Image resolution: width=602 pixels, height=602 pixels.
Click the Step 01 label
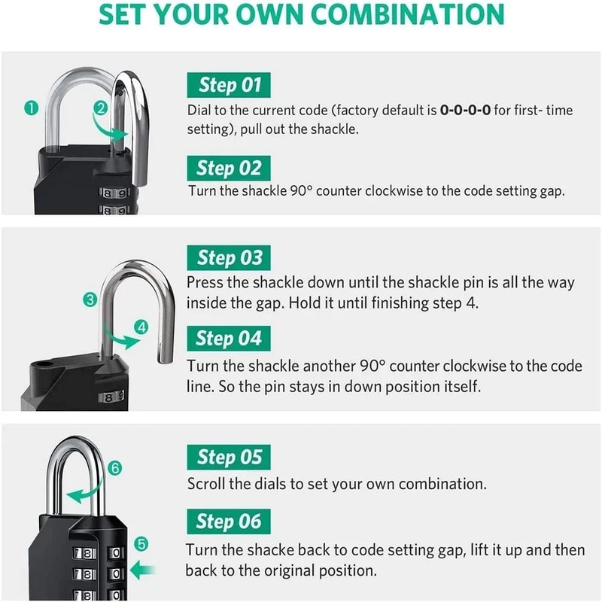229,85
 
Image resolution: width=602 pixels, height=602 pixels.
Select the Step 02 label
229,167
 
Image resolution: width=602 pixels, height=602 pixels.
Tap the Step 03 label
229,258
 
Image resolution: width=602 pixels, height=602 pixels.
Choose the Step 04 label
229,339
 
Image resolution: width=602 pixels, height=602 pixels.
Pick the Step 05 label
229,457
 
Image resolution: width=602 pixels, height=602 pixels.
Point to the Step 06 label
229,521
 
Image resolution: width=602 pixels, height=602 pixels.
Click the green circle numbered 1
31,108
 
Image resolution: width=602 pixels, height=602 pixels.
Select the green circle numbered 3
91,300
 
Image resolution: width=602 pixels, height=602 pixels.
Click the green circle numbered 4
142,327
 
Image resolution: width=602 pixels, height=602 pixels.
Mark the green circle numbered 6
115,467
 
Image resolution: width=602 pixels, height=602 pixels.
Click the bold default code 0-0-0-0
465,111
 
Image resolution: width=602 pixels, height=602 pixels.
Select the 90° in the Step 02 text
299,191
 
